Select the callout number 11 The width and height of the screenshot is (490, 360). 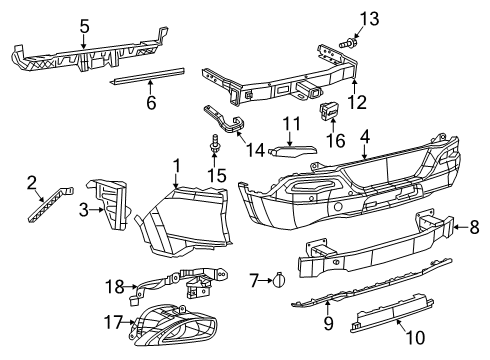coord(290,124)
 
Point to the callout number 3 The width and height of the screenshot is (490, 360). coord(83,210)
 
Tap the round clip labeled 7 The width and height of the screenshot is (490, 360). coord(280,281)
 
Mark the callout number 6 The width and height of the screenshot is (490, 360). coord(151,102)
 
